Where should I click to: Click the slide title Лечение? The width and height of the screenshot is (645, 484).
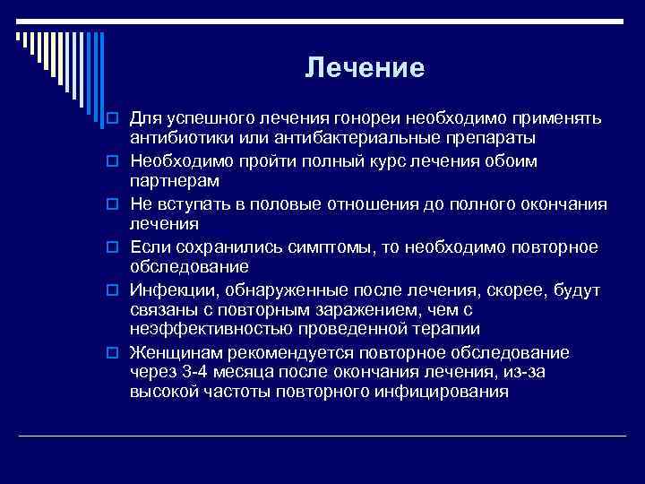coord(364,68)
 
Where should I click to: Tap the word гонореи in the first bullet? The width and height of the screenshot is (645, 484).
coord(366,118)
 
